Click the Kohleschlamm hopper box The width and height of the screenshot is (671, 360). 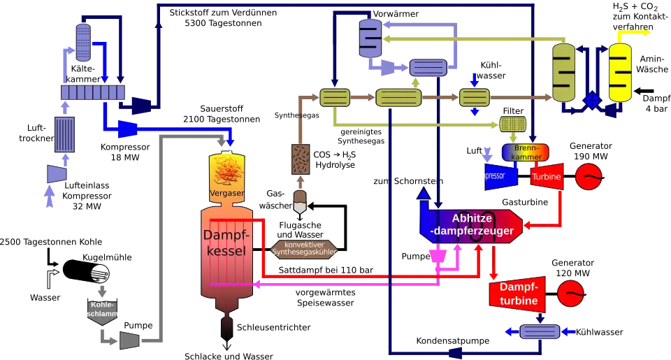coord(102,310)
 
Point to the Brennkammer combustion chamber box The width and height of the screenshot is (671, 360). coord(525,152)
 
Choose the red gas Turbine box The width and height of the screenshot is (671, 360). coord(547,177)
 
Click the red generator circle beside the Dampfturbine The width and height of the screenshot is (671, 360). coord(572,292)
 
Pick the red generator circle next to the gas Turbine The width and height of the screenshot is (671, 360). coord(588,176)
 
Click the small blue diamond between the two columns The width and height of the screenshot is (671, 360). coord(593,100)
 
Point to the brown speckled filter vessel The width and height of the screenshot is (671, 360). coord(301,159)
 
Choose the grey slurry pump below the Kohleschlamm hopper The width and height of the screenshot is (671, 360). coord(130,339)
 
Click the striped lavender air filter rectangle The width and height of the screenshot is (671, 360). coord(65,134)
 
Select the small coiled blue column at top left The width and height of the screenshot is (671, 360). coord(84,41)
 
